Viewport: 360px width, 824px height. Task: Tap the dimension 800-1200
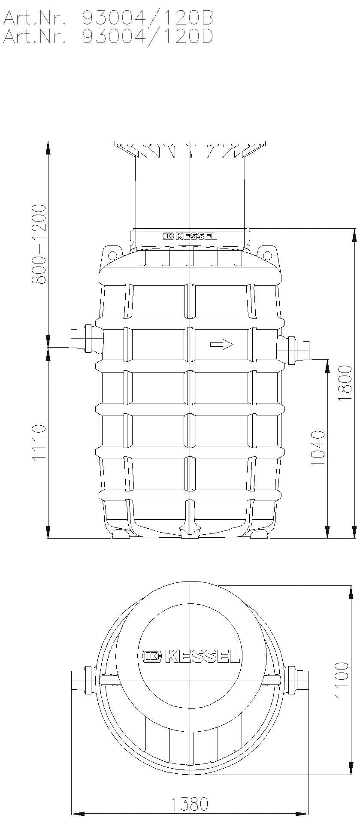pyautogui.click(x=39, y=244)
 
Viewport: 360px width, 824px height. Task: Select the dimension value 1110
pyautogui.click(x=39, y=442)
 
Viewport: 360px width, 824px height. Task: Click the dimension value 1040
pyautogui.click(x=318, y=449)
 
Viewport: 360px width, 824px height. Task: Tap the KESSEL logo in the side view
pyautogui.click(x=190, y=236)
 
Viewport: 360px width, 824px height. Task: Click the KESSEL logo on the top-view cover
pyautogui.click(x=191, y=668)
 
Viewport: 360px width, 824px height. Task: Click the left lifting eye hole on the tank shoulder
pyautogui.click(x=113, y=256)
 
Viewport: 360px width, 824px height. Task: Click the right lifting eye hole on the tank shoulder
pyautogui.click(x=268, y=256)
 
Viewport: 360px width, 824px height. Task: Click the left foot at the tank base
pyautogui.click(x=121, y=534)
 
